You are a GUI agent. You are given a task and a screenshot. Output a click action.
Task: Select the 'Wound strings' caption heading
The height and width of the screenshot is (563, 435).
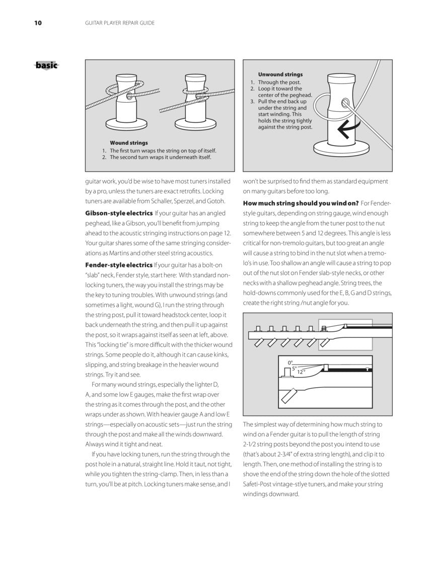128,143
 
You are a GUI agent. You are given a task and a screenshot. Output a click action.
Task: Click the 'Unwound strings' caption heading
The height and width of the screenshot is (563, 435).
280,75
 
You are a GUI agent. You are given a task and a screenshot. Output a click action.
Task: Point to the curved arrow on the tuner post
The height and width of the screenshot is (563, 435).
344,130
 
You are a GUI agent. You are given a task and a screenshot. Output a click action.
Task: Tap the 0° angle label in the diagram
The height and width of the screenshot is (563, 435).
290,362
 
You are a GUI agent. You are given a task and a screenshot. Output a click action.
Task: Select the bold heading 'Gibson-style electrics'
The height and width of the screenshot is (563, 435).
119,213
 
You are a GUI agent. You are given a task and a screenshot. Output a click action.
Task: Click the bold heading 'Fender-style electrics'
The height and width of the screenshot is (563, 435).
119,265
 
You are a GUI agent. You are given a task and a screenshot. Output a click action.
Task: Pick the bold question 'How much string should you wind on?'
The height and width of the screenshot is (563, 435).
301,203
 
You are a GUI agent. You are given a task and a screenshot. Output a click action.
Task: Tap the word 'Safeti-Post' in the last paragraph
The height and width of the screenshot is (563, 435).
261,484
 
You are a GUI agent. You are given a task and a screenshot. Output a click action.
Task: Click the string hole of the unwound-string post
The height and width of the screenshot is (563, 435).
345,103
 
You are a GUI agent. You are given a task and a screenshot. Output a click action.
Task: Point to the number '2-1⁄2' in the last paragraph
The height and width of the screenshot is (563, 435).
251,444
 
